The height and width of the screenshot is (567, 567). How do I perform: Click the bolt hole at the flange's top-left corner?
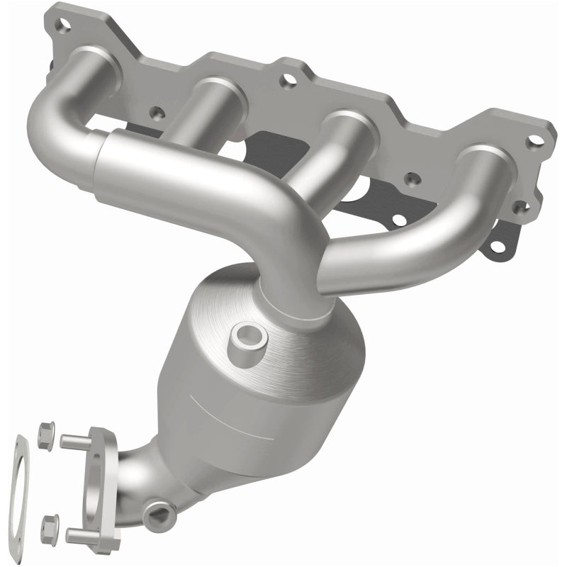point(65,28)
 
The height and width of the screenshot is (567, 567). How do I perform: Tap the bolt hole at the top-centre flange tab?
point(288,82)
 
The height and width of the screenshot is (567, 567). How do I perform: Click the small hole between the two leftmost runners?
point(156,111)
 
